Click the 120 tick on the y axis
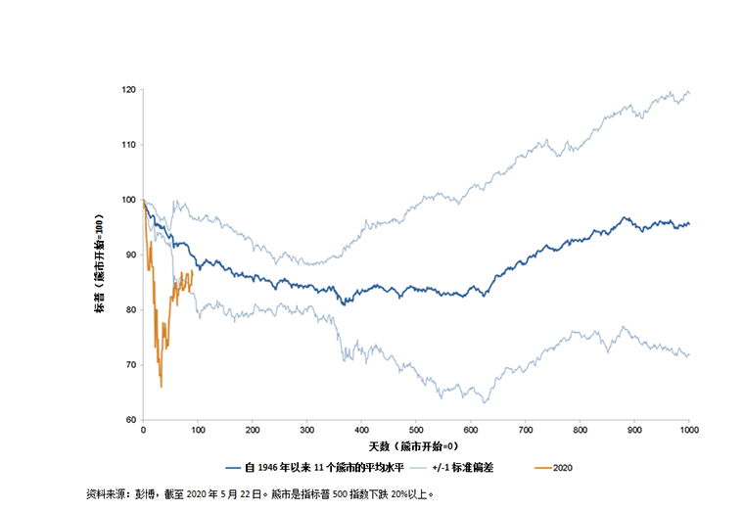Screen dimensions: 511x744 [x=129, y=90]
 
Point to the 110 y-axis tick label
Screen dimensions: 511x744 [x=129, y=145]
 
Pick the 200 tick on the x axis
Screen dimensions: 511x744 [x=253, y=430]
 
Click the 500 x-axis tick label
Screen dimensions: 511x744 [x=416, y=430]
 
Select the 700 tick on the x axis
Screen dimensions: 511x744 [x=526, y=430]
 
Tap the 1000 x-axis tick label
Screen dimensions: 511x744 [x=688, y=430]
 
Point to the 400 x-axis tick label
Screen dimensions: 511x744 [x=361, y=430]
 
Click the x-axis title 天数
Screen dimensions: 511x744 [x=416, y=446]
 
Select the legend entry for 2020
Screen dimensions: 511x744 [x=553, y=468]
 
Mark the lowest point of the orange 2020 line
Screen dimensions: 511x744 [x=161, y=387]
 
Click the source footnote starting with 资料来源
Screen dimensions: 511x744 [x=259, y=495]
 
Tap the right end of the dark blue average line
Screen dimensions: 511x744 [x=689, y=223]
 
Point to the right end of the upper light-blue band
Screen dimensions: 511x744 [x=689, y=93]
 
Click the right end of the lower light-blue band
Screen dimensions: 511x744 [x=689, y=353]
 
